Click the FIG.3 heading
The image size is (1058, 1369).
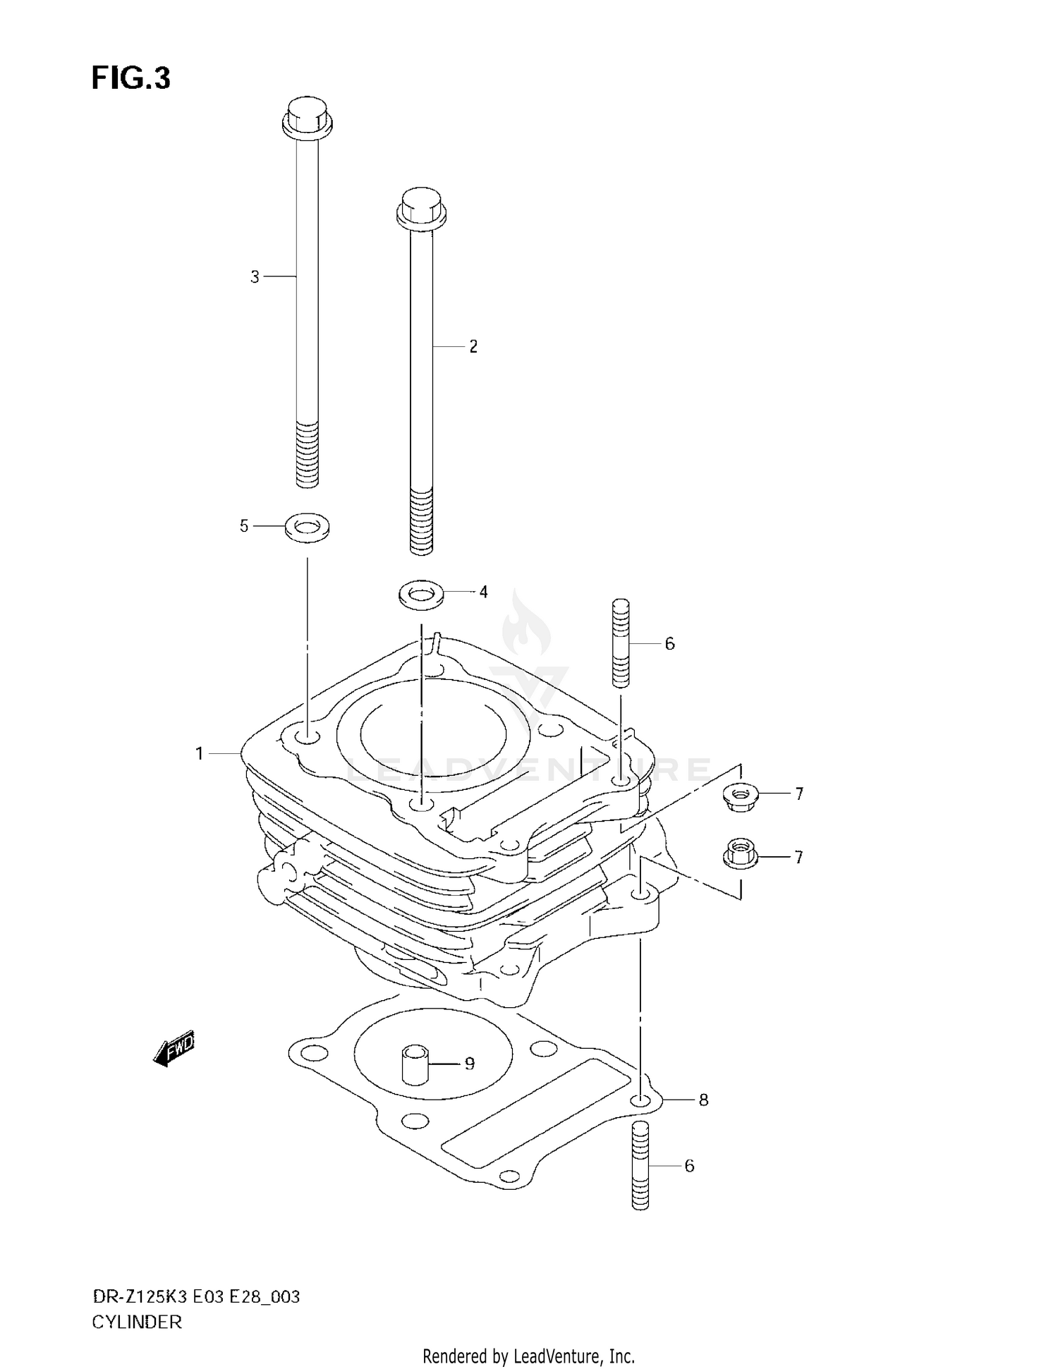click(131, 78)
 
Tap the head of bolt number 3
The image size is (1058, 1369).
click(307, 117)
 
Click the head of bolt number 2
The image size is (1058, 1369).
click(421, 207)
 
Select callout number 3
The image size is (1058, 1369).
click(255, 277)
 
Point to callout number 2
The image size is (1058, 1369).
click(473, 346)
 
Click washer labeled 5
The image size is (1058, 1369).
click(307, 527)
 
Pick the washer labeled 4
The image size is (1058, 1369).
click(421, 592)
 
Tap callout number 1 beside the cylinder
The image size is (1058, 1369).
click(200, 754)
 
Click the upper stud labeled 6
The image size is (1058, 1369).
click(620, 643)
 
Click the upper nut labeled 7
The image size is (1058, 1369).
click(739, 797)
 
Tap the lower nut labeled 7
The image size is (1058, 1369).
click(739, 855)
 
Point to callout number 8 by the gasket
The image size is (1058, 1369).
click(703, 1100)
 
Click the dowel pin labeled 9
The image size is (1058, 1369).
click(415, 1064)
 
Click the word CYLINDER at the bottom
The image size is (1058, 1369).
click(137, 1322)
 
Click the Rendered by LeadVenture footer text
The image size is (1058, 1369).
click(528, 1356)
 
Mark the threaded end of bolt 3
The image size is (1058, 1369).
click(307, 454)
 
